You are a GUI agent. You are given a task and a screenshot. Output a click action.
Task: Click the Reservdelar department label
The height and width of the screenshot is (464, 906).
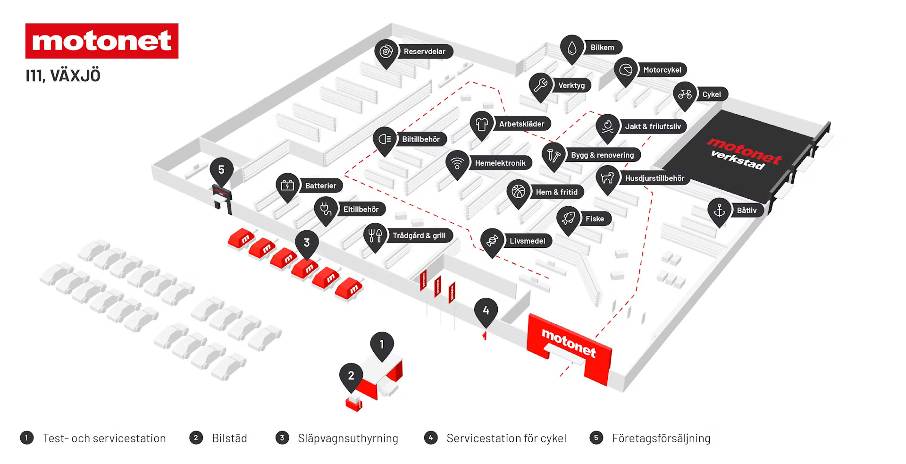(x=424, y=51)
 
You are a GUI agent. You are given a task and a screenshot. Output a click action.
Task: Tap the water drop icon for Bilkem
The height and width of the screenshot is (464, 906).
(x=572, y=47)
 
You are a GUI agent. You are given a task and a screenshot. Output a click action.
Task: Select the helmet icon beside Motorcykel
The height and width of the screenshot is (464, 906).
(x=626, y=70)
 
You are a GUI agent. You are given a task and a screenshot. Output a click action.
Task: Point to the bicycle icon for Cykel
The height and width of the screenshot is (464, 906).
(x=685, y=94)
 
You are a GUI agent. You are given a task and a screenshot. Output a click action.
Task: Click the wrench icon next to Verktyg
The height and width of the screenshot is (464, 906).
(x=540, y=85)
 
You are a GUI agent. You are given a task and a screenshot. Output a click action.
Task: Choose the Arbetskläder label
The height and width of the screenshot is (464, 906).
(x=521, y=124)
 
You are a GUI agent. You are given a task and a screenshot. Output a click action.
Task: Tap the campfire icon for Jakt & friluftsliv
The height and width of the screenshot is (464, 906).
(x=607, y=126)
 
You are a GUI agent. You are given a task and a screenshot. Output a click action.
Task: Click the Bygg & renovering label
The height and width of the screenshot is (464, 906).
(x=602, y=155)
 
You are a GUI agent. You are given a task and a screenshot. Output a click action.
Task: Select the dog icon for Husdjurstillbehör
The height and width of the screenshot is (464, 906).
(x=607, y=178)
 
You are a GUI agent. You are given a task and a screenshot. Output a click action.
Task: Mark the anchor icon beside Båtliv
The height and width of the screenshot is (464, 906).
(x=719, y=210)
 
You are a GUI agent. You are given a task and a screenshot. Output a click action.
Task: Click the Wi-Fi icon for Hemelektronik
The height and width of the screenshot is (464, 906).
(x=457, y=163)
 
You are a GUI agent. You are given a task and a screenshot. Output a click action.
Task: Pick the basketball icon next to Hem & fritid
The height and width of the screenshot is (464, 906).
(x=518, y=192)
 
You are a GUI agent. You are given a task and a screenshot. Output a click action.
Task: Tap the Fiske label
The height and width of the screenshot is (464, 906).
(x=595, y=219)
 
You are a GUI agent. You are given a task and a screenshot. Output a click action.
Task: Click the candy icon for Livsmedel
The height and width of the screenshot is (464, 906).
(x=492, y=241)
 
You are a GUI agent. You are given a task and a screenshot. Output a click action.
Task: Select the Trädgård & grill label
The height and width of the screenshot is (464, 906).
(x=419, y=236)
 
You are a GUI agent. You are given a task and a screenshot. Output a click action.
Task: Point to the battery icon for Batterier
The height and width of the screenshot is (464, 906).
(x=287, y=186)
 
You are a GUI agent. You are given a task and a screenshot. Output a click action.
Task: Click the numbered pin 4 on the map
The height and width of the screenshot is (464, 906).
(x=486, y=311)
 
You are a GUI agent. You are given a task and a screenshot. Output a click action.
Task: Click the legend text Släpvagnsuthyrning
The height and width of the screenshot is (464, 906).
(x=348, y=438)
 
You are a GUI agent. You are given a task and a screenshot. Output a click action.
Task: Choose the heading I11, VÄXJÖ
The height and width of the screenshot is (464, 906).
(x=63, y=76)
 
